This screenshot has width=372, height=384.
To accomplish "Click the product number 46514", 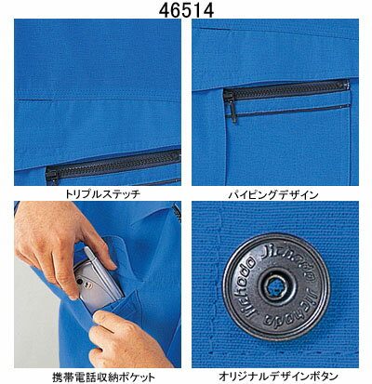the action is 186,10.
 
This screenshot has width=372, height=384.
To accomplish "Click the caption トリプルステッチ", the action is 102,194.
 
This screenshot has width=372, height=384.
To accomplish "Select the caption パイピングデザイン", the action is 273,194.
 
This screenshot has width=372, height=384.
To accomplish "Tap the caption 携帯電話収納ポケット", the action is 103,377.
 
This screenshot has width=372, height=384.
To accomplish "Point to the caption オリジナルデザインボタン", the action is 278,377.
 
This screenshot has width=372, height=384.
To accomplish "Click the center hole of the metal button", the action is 273,285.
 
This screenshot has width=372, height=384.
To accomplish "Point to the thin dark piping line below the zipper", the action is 288,112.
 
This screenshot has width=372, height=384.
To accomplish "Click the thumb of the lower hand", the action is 104,318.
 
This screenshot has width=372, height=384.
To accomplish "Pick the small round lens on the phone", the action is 80,282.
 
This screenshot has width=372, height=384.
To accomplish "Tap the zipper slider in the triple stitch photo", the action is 51,178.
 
